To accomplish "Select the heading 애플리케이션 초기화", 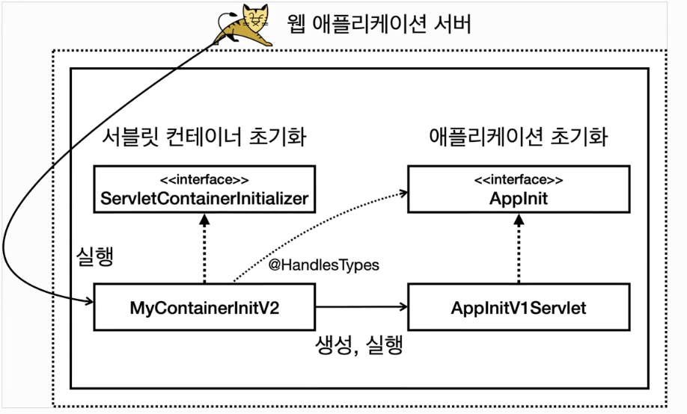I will click(x=519, y=138).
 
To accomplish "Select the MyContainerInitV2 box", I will click(x=204, y=307).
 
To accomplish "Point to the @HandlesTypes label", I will click(x=324, y=264).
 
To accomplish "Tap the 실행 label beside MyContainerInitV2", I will click(x=95, y=256).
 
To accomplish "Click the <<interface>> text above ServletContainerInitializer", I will click(x=204, y=180).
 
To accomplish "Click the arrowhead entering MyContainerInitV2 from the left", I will click(x=88, y=302).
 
